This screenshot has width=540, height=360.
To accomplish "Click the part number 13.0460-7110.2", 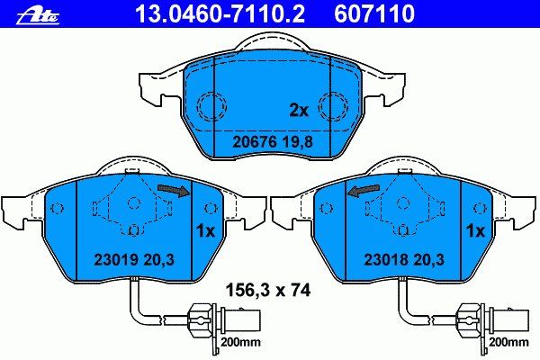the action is (x=220, y=13).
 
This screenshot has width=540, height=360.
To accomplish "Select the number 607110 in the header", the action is (x=374, y=13).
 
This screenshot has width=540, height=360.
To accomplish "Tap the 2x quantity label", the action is (x=299, y=110).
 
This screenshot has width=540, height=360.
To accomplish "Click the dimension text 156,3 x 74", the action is (x=268, y=291).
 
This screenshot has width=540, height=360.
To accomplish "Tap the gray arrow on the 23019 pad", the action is (x=175, y=190).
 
